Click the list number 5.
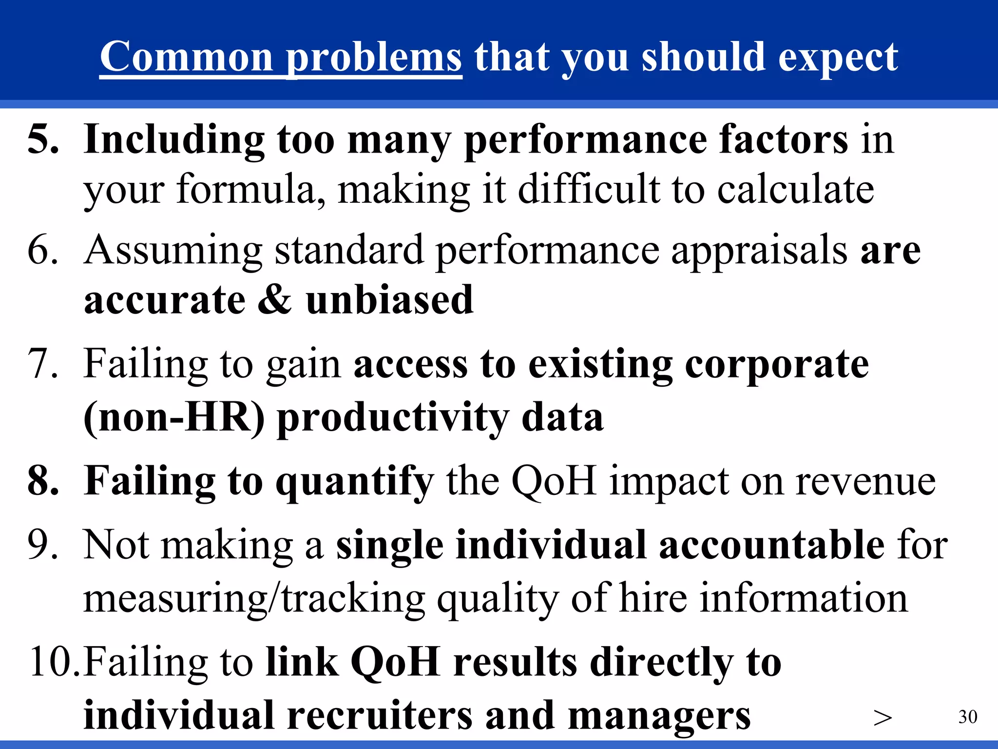tap(43, 140)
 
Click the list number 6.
tap(43, 250)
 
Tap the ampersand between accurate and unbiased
tap(275, 299)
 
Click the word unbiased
tap(390, 299)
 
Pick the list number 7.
tap(43, 364)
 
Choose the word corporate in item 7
tap(777, 364)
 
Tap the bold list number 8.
tap(43, 481)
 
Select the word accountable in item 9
tap(772, 545)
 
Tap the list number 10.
tap(54, 662)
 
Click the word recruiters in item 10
tap(380, 716)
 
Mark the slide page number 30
tap(967, 717)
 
